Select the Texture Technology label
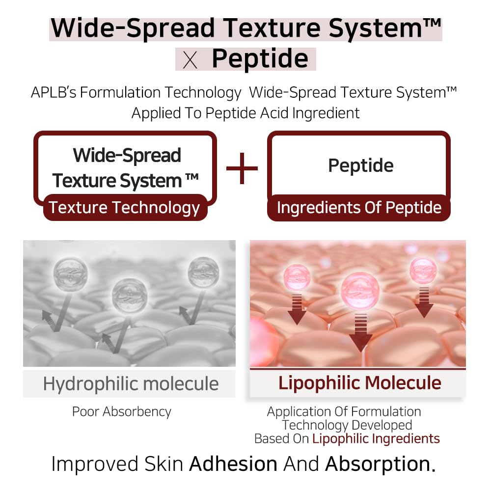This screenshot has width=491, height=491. tap(124, 208)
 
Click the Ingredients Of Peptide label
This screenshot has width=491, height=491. tap(359, 208)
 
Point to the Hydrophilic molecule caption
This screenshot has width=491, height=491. tap(131, 383)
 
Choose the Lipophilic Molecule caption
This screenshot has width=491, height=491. tap(359, 383)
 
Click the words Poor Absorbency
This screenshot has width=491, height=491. tap(122, 411)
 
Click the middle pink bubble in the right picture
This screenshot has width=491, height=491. tap(360, 292)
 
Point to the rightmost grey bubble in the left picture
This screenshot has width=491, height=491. tap(203, 272)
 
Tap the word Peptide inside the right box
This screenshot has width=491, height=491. tap(360, 166)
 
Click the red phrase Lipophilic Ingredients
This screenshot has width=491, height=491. tap(376, 438)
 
